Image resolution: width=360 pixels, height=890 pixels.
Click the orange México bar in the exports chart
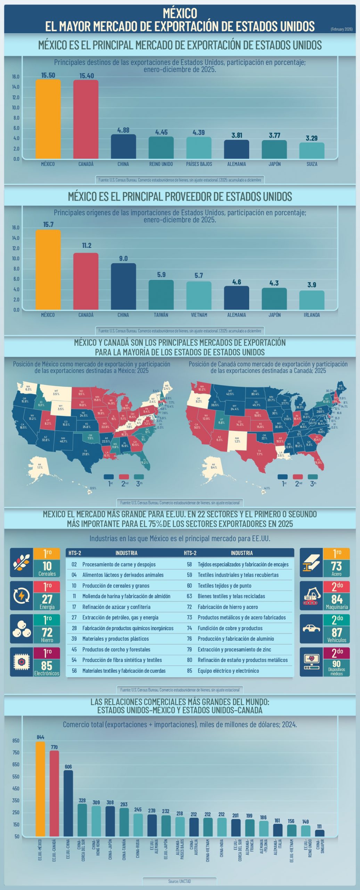[48, 119]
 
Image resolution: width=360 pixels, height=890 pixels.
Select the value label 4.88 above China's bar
[123, 130]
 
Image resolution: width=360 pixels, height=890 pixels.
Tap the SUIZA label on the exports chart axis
[312, 164]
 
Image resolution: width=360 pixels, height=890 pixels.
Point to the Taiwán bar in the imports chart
[161, 294]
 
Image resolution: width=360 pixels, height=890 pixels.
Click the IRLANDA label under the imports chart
[312, 315]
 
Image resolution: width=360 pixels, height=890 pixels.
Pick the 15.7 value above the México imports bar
[48, 225]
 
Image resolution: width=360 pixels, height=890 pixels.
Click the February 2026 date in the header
[341, 29]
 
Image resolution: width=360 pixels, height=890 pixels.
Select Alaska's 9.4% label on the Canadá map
[213, 466]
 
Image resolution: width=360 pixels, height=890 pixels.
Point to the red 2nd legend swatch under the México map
[124, 477]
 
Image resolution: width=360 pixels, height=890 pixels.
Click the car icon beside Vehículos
[311, 628]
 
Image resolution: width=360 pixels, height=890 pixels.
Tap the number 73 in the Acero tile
[336, 566]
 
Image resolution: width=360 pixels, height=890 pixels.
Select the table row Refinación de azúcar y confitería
[116, 607]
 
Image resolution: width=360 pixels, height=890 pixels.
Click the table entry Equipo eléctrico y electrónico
[228, 671]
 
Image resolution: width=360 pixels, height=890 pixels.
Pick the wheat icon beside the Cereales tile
[22, 563]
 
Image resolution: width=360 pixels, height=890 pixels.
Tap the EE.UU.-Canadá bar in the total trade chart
[55, 793]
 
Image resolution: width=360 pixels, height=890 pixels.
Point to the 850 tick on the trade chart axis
[16, 741]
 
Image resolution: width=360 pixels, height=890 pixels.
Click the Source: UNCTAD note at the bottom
[180, 881]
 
